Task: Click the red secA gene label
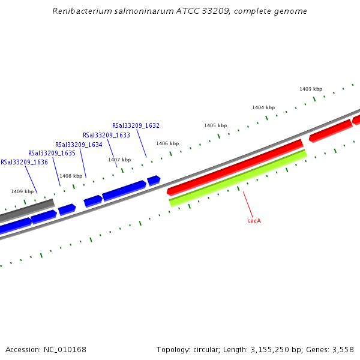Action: click(254, 221)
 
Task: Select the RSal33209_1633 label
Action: click(106, 135)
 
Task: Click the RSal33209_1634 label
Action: click(79, 145)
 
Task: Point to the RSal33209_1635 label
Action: click(52, 153)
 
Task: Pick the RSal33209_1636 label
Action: click(24, 162)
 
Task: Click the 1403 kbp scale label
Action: click(311, 89)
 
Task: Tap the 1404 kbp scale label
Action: click(263, 107)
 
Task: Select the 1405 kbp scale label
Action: click(215, 125)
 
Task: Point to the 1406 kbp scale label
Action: click(167, 143)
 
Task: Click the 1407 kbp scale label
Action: click(119, 160)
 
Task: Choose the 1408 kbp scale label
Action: click(71, 176)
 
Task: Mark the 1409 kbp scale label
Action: click(22, 191)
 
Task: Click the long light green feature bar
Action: click(238, 178)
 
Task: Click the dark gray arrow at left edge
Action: click(27, 210)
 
